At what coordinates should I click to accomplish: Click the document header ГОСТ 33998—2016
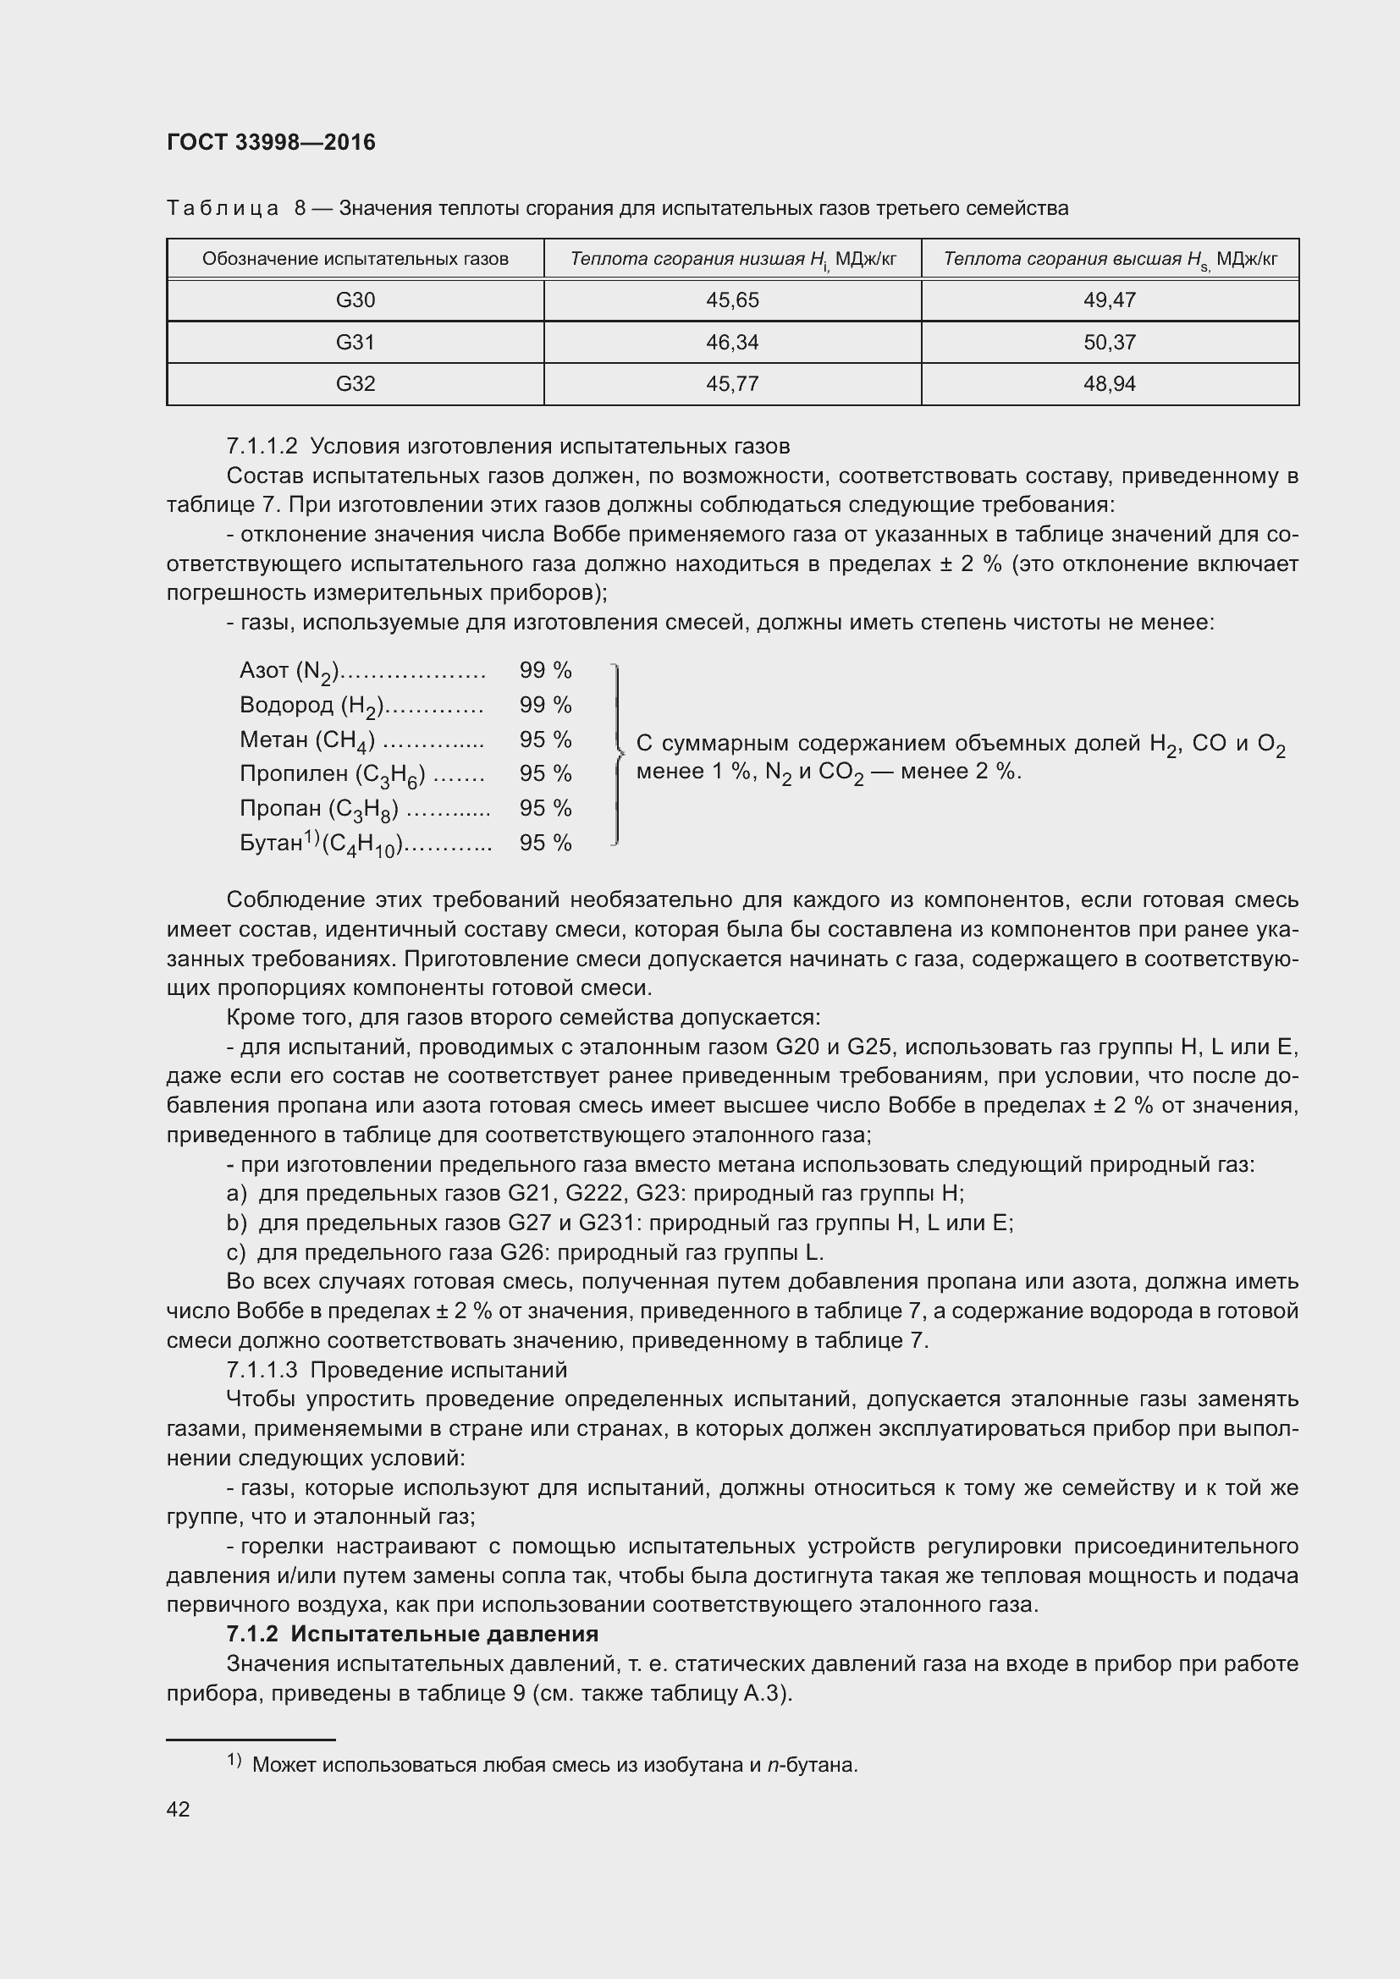tap(271, 142)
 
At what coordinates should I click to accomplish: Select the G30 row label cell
tap(356, 300)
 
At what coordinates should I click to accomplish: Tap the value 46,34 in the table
tap(732, 342)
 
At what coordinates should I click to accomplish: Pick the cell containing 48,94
tap(1110, 383)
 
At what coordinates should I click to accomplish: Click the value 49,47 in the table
tap(1110, 300)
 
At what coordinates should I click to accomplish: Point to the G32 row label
tap(356, 383)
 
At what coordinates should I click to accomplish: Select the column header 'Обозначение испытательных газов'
tap(356, 259)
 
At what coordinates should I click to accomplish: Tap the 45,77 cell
tap(732, 383)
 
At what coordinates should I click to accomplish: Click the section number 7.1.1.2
tap(262, 447)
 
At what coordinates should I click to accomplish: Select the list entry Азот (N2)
tap(289, 671)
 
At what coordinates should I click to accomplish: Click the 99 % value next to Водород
tap(545, 705)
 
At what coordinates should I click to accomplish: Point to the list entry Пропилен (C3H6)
tap(332, 774)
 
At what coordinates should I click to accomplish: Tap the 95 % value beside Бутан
tap(545, 843)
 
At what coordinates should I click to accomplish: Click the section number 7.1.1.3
tap(262, 1370)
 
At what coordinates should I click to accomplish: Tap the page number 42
tap(178, 1809)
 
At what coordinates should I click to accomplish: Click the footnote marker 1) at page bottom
tap(234, 1759)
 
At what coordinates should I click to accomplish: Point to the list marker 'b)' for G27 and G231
tap(236, 1223)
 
